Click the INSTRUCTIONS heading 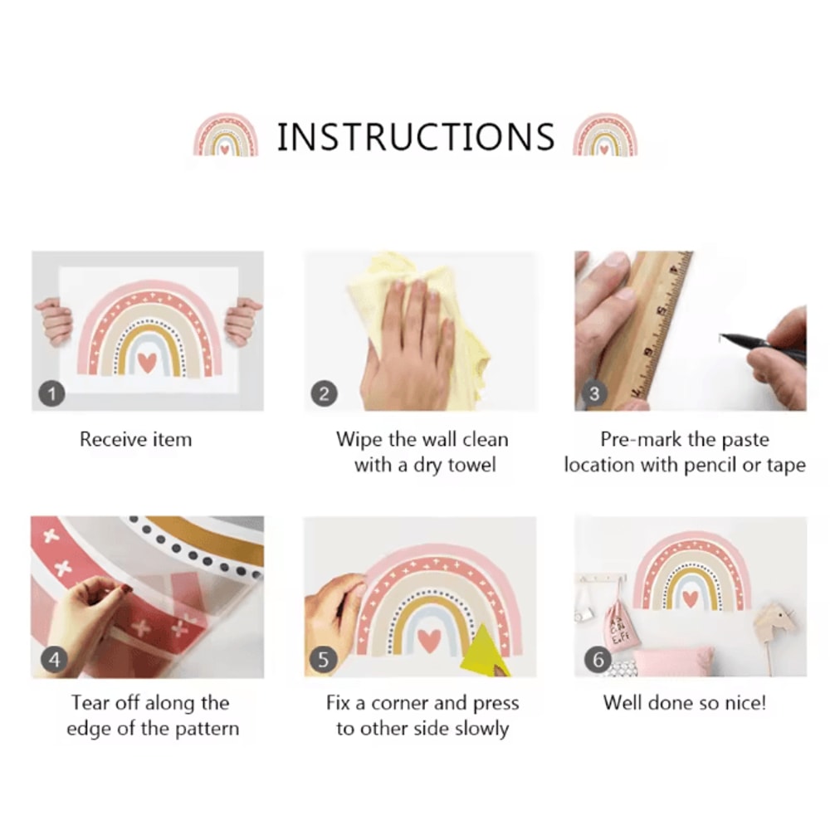click(416, 137)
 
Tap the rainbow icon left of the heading click(226, 135)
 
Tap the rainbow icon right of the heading click(606, 135)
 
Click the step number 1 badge click(51, 393)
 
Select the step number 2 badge click(324, 393)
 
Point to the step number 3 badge click(595, 393)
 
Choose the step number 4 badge click(54, 660)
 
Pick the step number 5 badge click(323, 660)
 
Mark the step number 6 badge click(598, 660)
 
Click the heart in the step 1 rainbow click(147, 362)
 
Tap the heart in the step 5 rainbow click(429, 641)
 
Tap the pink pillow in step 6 click(672, 662)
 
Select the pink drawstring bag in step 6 click(623, 626)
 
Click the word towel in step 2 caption click(471, 465)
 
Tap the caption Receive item click(135, 439)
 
